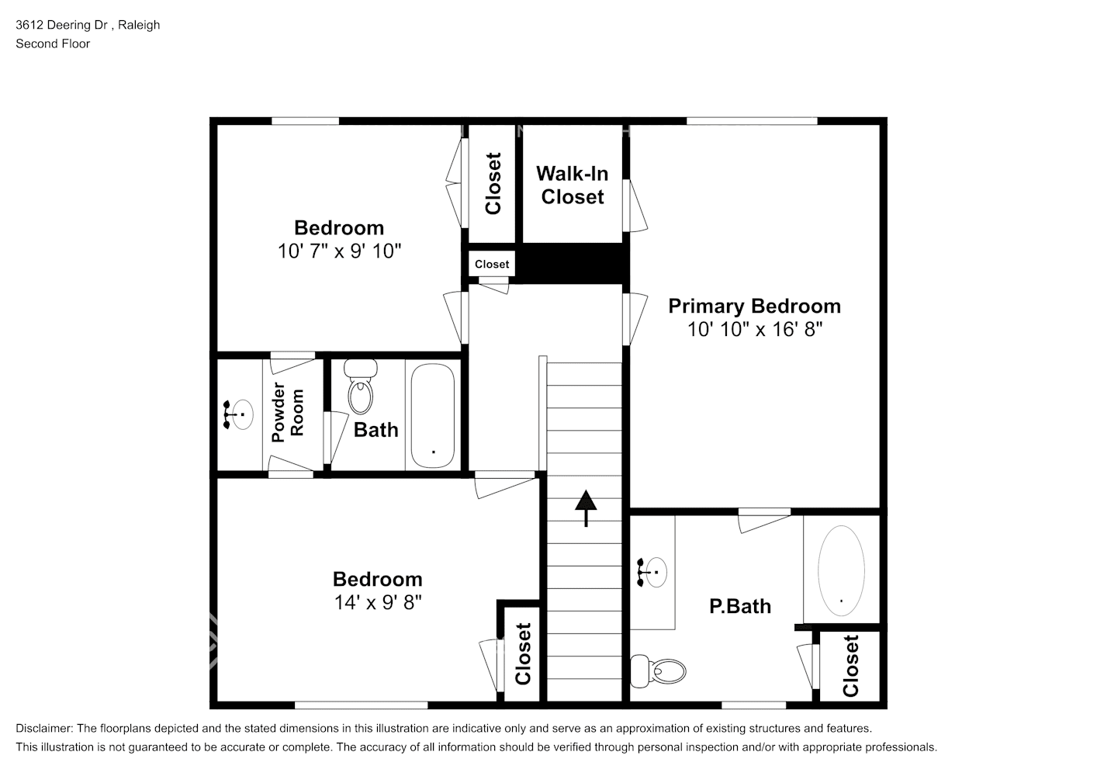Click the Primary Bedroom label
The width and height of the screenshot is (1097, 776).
coord(754,306)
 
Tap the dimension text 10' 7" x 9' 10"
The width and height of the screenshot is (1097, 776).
coord(339,251)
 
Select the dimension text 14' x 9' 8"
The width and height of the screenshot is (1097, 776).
coord(377,602)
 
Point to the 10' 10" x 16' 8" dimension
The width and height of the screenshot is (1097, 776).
coord(754,329)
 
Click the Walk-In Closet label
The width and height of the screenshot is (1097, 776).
coord(573,185)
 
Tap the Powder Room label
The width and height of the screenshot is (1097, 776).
coord(288,413)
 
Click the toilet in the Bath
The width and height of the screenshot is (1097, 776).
coord(359,388)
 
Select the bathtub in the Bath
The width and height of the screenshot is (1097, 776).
coord(432,415)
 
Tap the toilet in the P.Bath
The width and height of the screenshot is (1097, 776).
coord(659,670)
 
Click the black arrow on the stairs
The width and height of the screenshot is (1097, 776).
coord(586,507)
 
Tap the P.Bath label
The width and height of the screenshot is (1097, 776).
coord(740,606)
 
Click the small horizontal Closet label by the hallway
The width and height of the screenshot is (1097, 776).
coord(492,264)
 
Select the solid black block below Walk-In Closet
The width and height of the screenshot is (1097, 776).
coord(573,264)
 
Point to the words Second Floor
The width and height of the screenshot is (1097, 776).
coord(53,43)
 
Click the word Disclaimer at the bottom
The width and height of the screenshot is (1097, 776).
coord(43,729)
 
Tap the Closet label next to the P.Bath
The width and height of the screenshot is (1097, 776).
coord(850,666)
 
